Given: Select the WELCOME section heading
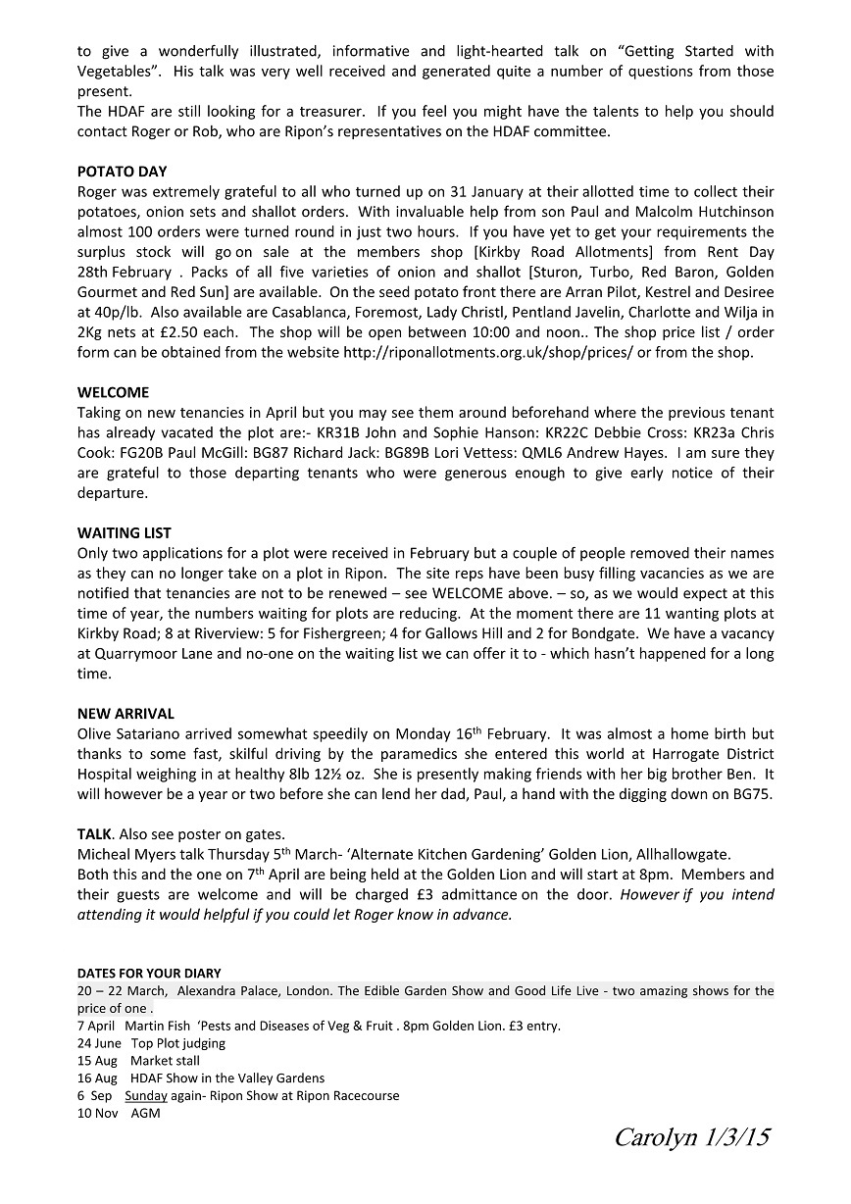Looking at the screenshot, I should (x=113, y=392).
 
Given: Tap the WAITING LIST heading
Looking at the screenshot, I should (x=124, y=533).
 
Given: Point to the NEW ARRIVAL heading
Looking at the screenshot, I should (x=125, y=714).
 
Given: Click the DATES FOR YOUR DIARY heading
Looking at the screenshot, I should (x=149, y=973).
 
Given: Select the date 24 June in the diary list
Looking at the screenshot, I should (x=99, y=1042).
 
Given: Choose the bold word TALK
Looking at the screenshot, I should (x=94, y=834).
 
